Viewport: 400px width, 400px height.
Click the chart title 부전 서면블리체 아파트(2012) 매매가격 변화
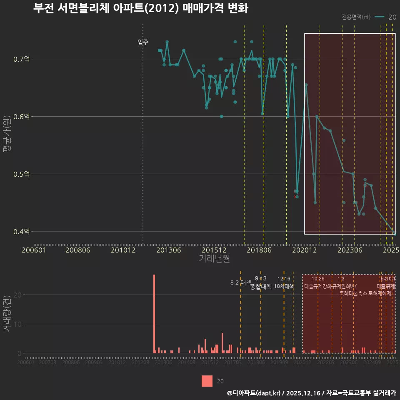pos(140,8)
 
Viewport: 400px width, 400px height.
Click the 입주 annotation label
pos(143,42)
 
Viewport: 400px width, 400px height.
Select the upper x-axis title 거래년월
pos(214,259)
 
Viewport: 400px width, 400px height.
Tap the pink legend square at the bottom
pos(207,381)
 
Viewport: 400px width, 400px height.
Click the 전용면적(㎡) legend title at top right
pos(356,17)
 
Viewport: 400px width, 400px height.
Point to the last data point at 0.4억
pos(394,233)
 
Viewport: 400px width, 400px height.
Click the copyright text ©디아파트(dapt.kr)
pos(254,393)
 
